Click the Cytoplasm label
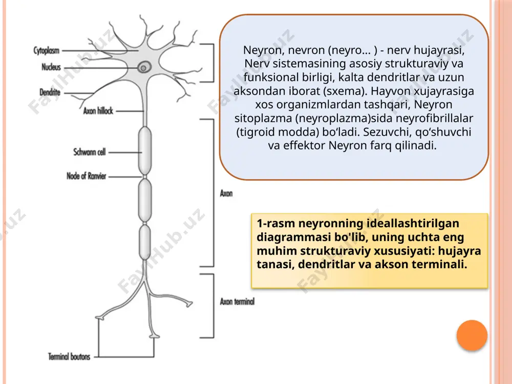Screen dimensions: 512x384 47,51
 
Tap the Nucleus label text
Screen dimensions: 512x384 51,67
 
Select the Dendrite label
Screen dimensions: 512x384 50,92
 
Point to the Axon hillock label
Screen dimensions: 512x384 98,111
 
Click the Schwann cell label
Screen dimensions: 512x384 90,152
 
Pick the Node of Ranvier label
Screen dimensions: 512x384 87,176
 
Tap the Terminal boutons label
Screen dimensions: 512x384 69,356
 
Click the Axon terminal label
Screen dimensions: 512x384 237,302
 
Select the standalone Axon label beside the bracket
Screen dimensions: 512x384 226,194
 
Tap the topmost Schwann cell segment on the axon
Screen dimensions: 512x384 145,151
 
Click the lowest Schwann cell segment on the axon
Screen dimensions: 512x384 145,242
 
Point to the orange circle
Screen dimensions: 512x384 472,335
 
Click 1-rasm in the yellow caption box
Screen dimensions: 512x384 276,223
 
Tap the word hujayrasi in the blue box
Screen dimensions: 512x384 439,51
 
